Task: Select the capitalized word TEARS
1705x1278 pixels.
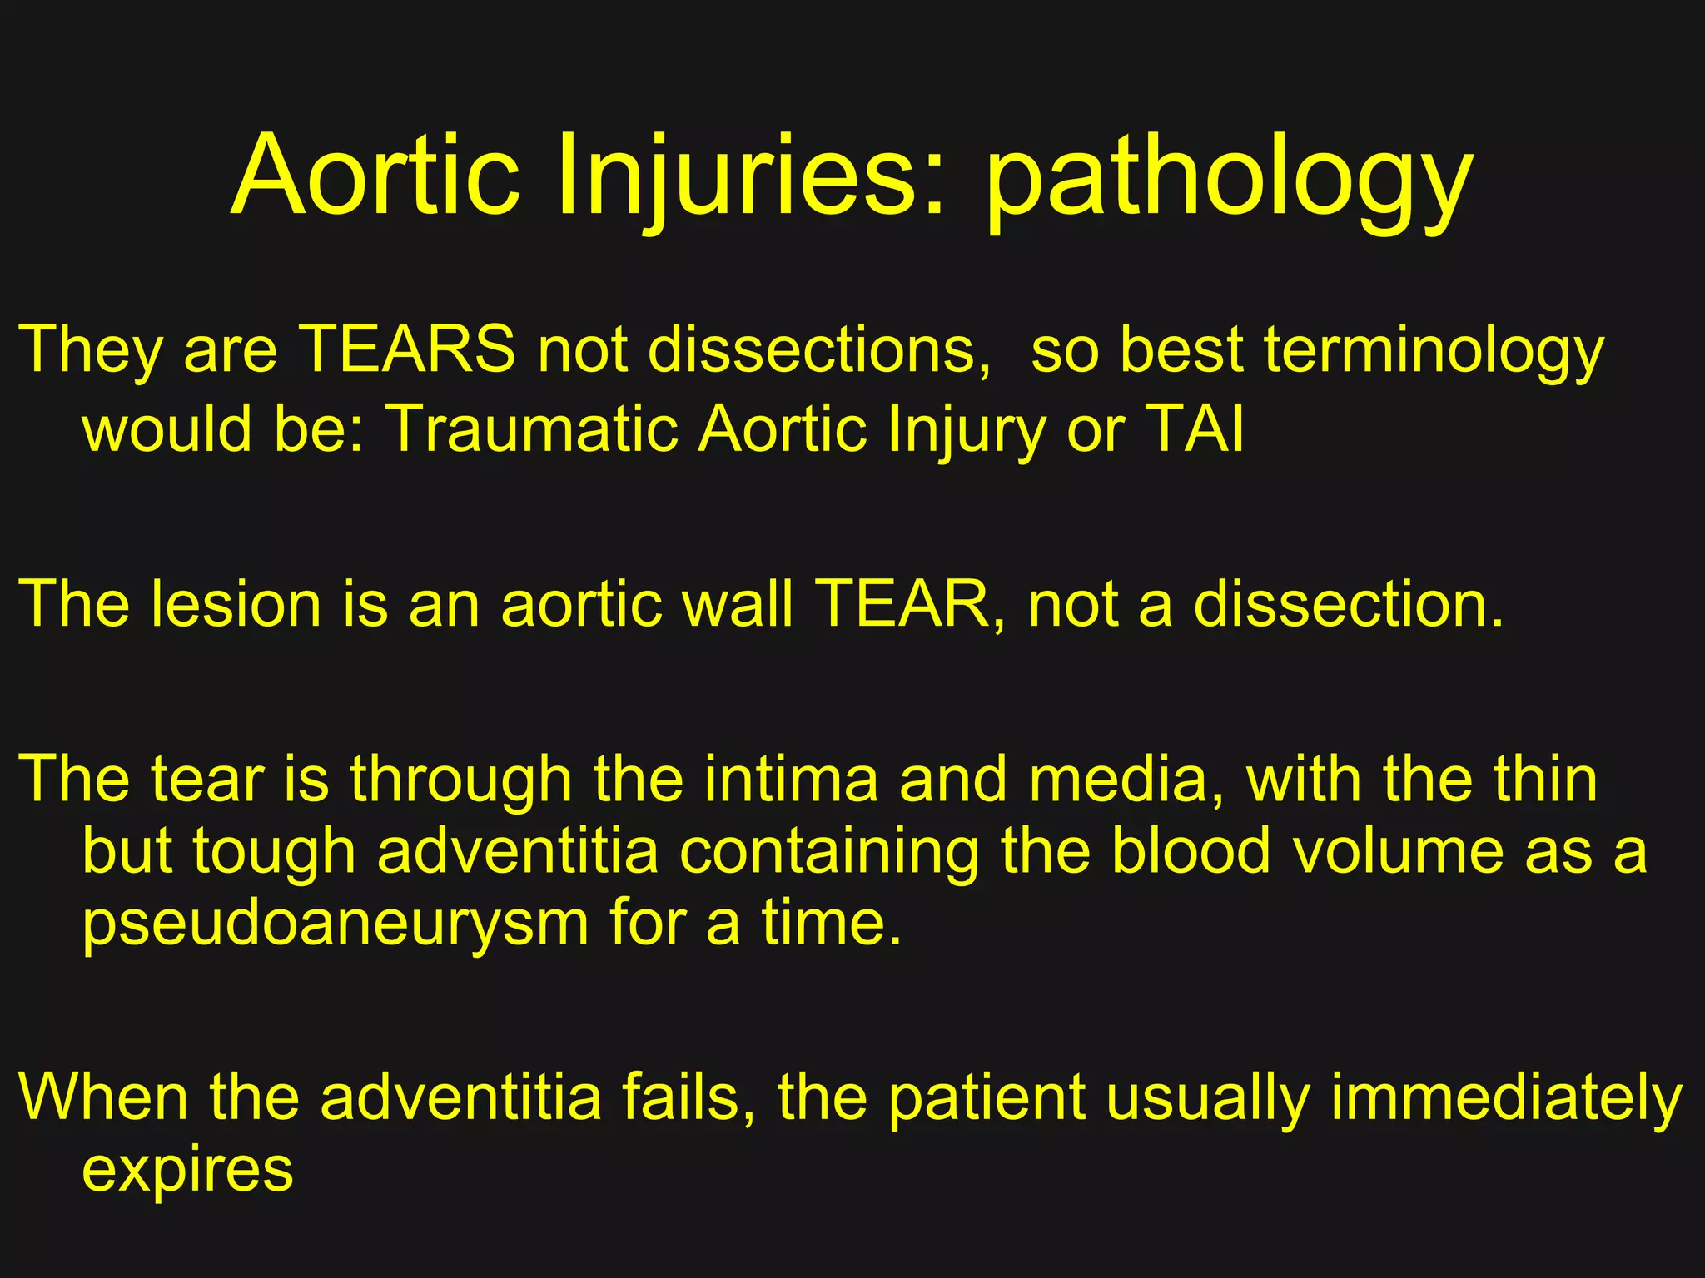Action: (x=407, y=349)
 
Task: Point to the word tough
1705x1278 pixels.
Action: (x=275, y=852)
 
